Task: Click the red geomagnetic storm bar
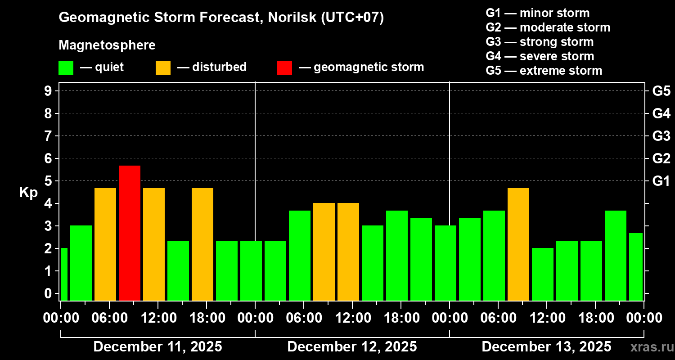pyautogui.click(x=130, y=233)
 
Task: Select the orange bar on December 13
pyautogui.click(x=518, y=244)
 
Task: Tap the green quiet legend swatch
pyautogui.click(x=66, y=67)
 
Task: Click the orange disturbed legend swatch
pyautogui.click(x=163, y=67)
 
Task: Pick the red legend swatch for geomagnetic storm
pyautogui.click(x=284, y=67)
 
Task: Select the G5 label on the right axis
pyautogui.click(x=661, y=91)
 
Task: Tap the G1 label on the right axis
pyautogui.click(x=661, y=181)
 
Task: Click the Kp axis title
pyautogui.click(x=28, y=192)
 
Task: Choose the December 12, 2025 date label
pyautogui.click(x=352, y=347)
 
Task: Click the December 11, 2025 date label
pyautogui.click(x=157, y=347)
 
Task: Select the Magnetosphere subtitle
pyautogui.click(x=107, y=45)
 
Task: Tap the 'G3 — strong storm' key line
pyautogui.click(x=540, y=42)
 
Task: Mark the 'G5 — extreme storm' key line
pyautogui.click(x=544, y=71)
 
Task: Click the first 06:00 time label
pyautogui.click(x=109, y=318)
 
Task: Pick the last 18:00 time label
pyautogui.click(x=595, y=318)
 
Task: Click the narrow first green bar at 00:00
pyautogui.click(x=64, y=274)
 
